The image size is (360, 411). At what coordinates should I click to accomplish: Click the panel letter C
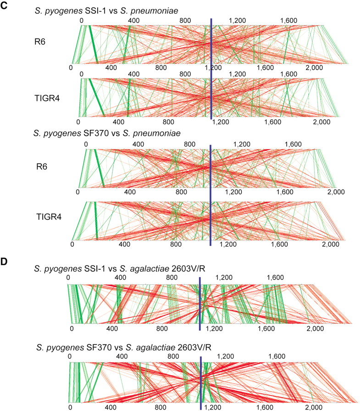click(x=4, y=6)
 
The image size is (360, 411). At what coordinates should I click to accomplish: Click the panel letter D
click(x=4, y=261)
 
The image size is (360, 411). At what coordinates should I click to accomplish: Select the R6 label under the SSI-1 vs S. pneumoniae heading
click(x=40, y=42)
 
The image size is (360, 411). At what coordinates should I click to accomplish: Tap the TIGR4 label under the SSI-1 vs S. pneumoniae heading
click(x=47, y=98)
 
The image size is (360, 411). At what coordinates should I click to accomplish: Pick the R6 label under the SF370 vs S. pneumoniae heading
click(x=42, y=167)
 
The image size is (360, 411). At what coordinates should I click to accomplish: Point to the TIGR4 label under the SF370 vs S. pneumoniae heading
click(x=49, y=217)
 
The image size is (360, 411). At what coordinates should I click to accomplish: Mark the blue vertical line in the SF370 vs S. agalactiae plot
click(x=201, y=383)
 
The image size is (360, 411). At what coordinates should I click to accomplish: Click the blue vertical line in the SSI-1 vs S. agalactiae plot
click(x=199, y=304)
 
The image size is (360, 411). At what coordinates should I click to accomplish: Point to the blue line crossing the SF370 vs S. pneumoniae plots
click(x=210, y=195)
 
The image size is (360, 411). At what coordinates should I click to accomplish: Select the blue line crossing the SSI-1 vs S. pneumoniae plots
click(x=211, y=69)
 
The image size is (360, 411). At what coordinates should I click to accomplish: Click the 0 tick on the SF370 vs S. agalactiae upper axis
click(x=69, y=356)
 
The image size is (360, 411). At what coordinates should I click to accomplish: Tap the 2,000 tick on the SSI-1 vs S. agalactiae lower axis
click(x=315, y=328)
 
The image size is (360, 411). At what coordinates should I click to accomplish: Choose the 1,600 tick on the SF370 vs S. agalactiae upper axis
click(x=277, y=356)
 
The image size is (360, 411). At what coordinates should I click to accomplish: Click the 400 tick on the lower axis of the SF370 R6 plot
click(x=130, y=192)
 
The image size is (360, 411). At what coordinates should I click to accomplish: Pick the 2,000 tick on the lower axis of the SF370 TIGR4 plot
click(x=331, y=244)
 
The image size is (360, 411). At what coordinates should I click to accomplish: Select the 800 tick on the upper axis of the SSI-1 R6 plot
click(x=185, y=21)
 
